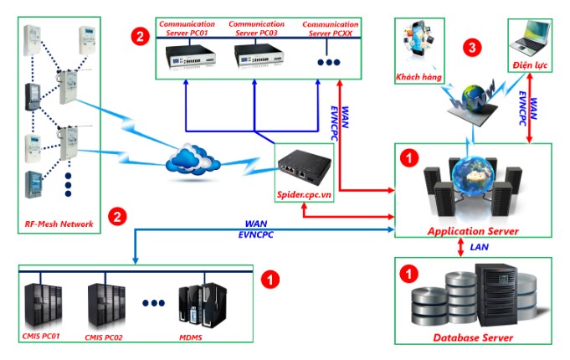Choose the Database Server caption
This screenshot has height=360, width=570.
(x=473, y=338)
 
